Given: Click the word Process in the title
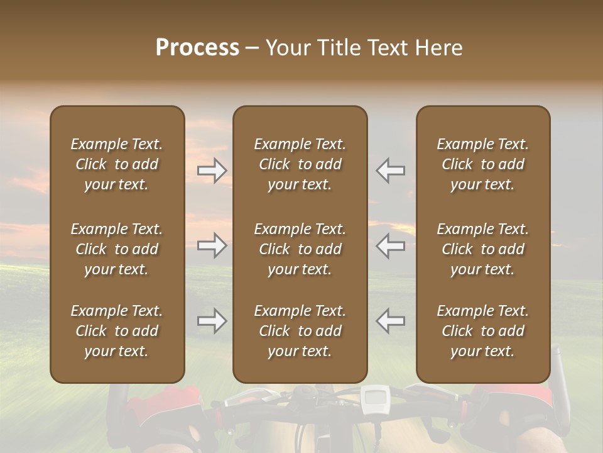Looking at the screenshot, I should pyautogui.click(x=197, y=47).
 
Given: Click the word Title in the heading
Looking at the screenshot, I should pyautogui.click(x=337, y=47).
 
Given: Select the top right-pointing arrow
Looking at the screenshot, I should pyautogui.click(x=212, y=170).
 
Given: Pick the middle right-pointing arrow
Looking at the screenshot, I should pyautogui.click(x=212, y=245).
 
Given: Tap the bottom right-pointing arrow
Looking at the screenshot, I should pyautogui.click(x=212, y=321).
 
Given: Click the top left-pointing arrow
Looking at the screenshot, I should pyautogui.click(x=390, y=170).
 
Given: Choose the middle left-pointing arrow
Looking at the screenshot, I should pyautogui.click(x=390, y=245).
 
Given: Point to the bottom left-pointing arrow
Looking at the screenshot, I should pyautogui.click(x=390, y=321).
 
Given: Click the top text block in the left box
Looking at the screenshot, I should pyautogui.click(x=117, y=164).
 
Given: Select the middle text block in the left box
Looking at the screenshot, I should pyautogui.click(x=117, y=249).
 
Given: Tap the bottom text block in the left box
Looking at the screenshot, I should pyautogui.click(x=117, y=331).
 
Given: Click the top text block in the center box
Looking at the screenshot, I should pyautogui.click(x=300, y=164).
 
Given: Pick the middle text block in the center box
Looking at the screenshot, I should pyautogui.click(x=300, y=249).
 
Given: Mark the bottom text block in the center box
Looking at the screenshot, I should pyautogui.click(x=300, y=331).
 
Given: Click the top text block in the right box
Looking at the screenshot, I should pyautogui.click(x=483, y=164).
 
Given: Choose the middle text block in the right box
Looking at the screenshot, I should pyautogui.click(x=483, y=249).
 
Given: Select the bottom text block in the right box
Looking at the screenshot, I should pyautogui.click(x=483, y=331).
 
